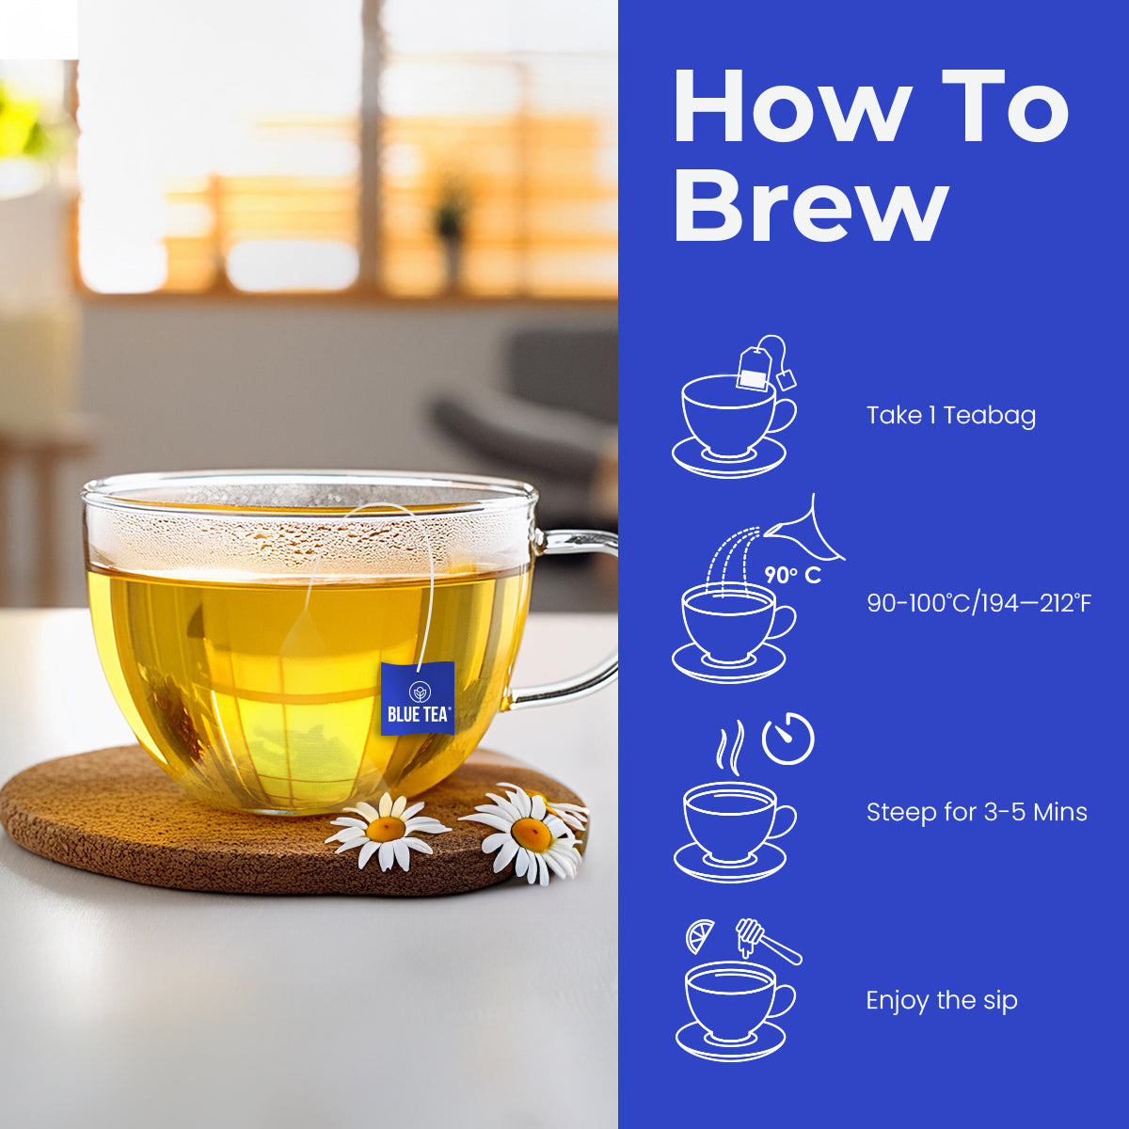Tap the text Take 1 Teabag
(x=951, y=416)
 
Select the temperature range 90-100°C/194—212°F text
(x=979, y=603)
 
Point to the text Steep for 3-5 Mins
(x=977, y=812)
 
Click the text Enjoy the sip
(x=942, y=1000)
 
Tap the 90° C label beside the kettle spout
(x=793, y=576)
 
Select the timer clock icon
(x=788, y=739)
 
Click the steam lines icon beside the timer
(x=731, y=744)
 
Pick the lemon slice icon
(x=700, y=935)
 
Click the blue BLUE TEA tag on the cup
(x=418, y=698)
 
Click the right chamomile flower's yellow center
(x=531, y=835)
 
